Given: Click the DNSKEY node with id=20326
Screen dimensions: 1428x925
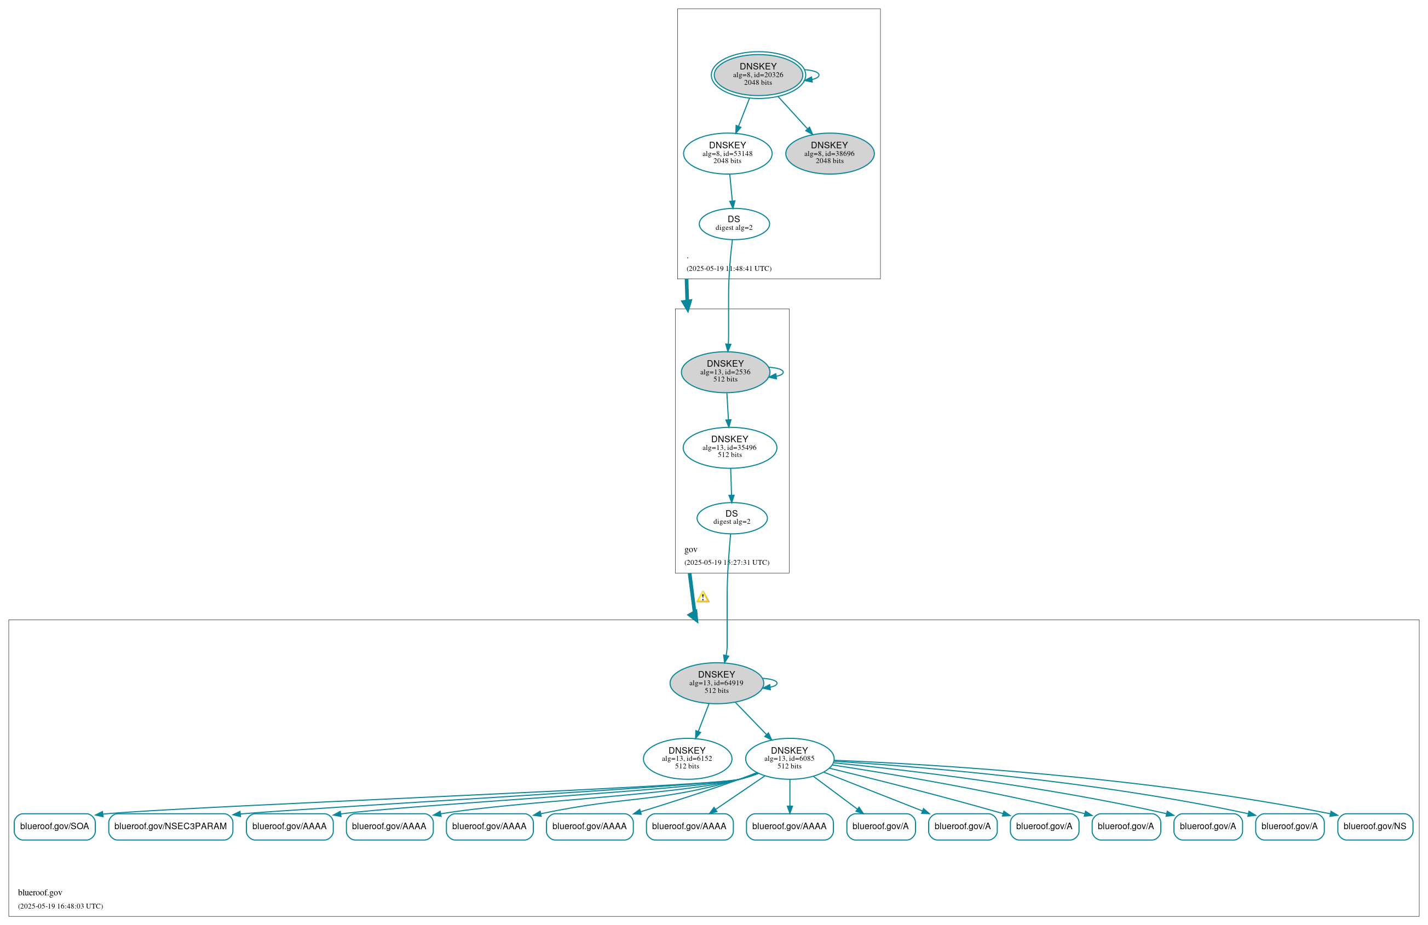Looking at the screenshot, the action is click(x=758, y=75).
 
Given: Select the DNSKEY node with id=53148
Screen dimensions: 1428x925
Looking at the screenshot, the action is click(x=727, y=154).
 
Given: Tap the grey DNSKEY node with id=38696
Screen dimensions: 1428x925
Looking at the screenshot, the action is click(x=830, y=154).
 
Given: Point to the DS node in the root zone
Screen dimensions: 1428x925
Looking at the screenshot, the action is click(x=734, y=224).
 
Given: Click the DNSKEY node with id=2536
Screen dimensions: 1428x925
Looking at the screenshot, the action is click(x=725, y=372).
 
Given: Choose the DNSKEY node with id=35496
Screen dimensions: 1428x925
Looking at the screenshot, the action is click(x=729, y=448).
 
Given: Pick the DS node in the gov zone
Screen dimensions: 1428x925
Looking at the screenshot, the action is click(x=732, y=518).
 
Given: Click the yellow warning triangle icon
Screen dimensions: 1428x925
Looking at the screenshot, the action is click(x=703, y=597).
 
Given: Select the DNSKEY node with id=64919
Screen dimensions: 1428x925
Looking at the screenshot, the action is click(x=716, y=683).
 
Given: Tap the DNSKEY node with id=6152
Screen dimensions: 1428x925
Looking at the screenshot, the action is click(x=687, y=758).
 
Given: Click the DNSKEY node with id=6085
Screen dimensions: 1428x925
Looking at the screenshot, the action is click(x=790, y=758).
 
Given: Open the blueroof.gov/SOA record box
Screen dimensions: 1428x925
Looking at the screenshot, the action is click(x=55, y=826).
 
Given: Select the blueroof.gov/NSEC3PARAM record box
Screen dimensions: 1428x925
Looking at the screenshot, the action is click(x=170, y=826).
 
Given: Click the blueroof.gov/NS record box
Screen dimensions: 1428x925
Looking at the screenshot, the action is click(x=1374, y=826).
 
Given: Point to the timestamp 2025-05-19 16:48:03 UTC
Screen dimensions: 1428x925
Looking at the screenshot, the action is click(x=61, y=906).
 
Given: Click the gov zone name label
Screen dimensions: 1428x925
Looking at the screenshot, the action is click(x=690, y=550).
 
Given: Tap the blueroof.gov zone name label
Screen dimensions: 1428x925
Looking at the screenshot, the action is click(x=40, y=893).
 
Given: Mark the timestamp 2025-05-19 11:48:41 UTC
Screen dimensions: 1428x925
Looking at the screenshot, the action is click(x=729, y=269).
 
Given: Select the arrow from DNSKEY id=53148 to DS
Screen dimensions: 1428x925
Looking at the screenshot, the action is click(x=732, y=192).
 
